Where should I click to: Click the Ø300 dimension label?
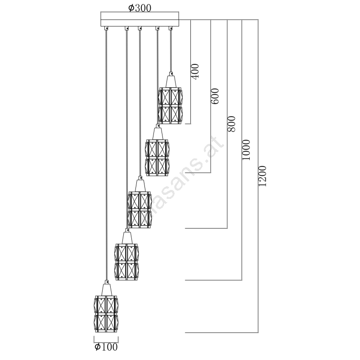click(x=139, y=8)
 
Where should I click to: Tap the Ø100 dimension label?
click(x=106, y=347)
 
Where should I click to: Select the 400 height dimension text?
click(x=195, y=71)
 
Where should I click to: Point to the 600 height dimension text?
click(x=215, y=96)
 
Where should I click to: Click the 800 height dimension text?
click(x=231, y=124)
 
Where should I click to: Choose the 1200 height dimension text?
click(x=263, y=176)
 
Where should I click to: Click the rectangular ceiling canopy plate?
click(x=139, y=20)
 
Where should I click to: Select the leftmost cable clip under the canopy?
click(x=107, y=28)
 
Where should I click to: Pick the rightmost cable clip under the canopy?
click(x=171, y=28)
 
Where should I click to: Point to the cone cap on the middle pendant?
click(x=139, y=185)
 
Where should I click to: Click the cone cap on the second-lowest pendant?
click(x=126, y=237)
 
